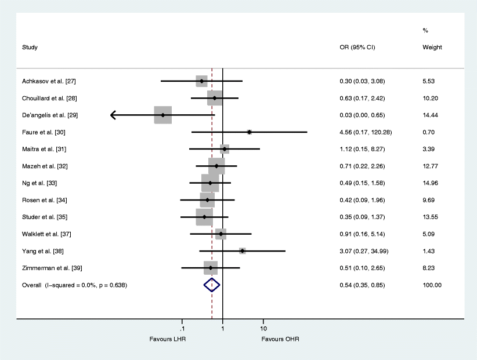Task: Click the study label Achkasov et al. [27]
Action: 49,81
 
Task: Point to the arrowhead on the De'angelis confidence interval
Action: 113,115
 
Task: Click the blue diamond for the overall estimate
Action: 212,285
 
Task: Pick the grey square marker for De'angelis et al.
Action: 162,115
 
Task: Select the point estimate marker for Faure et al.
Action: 249,132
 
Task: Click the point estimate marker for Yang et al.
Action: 242,251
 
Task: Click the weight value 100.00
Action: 432,285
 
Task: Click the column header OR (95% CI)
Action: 357,48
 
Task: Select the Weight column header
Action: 432,48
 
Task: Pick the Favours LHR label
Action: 167,339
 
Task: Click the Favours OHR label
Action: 280,339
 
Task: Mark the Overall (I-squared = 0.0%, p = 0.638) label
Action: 74,285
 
